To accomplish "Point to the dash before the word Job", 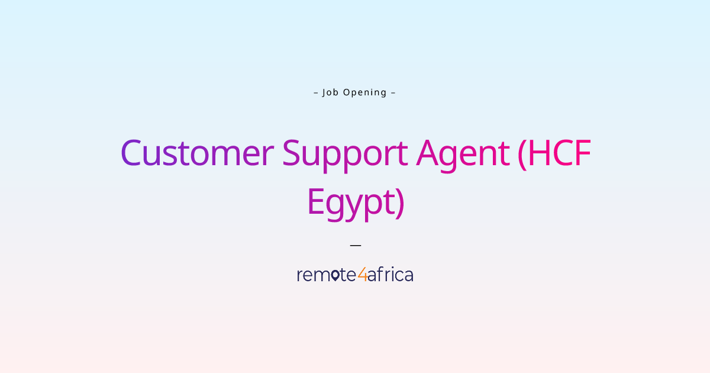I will (x=316, y=92).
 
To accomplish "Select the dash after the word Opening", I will (x=393, y=92).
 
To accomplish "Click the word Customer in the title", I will (x=197, y=153).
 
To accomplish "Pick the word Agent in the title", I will (x=463, y=153).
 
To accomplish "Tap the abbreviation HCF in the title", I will (x=559, y=153).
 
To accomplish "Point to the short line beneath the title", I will (x=355, y=245).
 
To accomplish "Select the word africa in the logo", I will (x=390, y=275).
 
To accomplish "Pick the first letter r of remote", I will (x=299, y=276).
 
